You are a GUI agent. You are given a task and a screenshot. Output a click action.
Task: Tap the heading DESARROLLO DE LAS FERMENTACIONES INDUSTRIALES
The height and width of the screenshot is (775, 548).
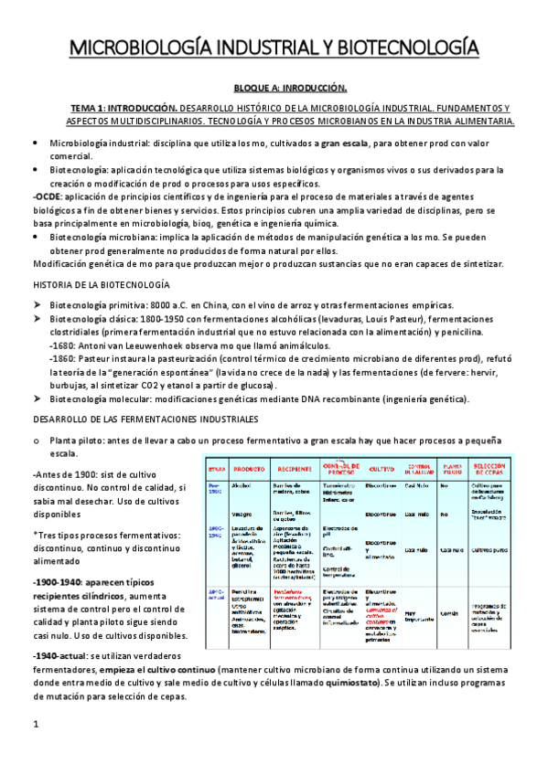click(x=145, y=419)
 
